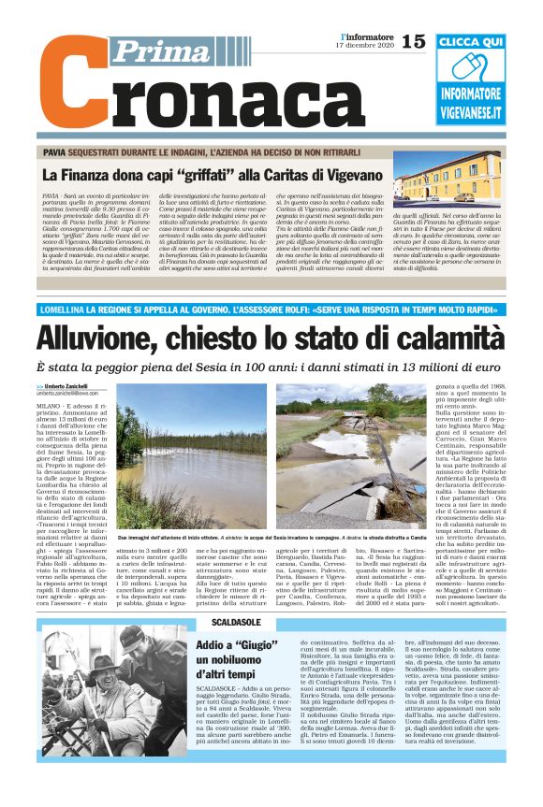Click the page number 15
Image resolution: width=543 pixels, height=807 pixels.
[412, 41]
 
